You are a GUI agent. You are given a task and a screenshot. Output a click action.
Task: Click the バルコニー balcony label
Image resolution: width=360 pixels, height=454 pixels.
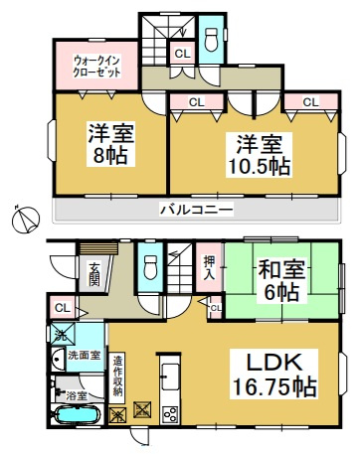pyautogui.click(x=196, y=211)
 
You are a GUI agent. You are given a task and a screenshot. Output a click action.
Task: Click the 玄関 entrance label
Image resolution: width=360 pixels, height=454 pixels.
pyautogui.click(x=92, y=270)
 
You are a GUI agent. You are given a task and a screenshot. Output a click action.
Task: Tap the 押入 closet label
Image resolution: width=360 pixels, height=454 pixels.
pyautogui.click(x=209, y=268)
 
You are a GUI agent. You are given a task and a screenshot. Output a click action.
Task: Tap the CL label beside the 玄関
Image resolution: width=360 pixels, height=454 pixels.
pyautogui.click(x=61, y=308)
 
